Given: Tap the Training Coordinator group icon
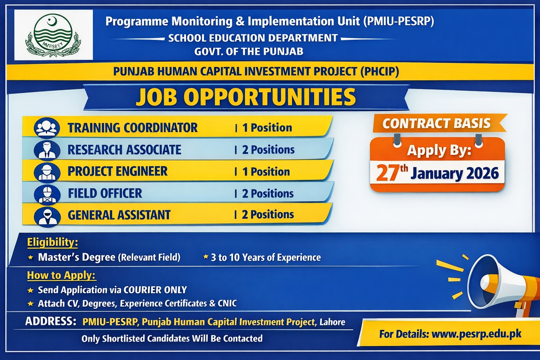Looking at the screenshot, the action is (x=47, y=128).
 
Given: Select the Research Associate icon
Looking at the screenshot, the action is (x=47, y=150).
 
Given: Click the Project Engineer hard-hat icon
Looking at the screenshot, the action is (x=47, y=172).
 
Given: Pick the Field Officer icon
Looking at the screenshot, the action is (x=47, y=194).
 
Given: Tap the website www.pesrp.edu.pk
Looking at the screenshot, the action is (x=476, y=334).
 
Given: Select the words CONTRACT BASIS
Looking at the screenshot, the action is (x=437, y=123).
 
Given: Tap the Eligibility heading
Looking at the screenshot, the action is (x=52, y=242).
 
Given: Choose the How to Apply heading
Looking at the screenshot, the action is (x=62, y=275).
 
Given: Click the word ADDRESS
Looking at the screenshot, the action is (x=51, y=321).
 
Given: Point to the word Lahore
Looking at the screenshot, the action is (x=333, y=322).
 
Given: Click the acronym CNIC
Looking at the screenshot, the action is (x=227, y=303).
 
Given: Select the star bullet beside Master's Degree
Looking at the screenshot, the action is (x=30, y=258).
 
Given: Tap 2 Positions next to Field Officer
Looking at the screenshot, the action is (x=268, y=194).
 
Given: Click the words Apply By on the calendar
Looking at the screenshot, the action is (x=439, y=150).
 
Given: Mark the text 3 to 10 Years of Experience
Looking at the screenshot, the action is (x=266, y=258).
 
